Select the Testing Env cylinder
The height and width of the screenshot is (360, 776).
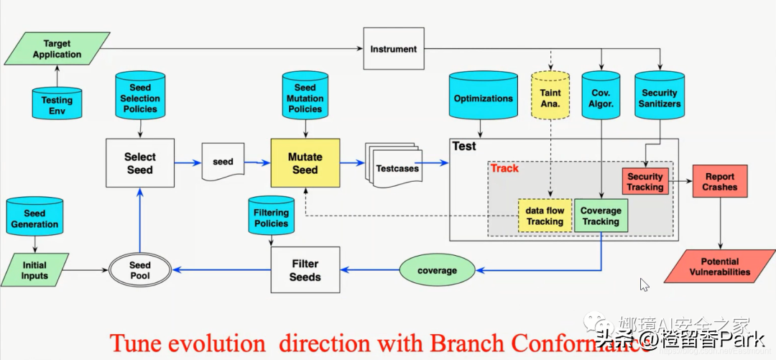click(57, 105)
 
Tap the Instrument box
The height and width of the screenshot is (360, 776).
click(393, 49)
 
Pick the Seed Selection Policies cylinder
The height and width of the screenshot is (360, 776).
click(140, 98)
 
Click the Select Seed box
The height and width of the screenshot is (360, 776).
click(139, 163)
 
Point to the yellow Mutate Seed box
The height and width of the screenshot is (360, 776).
click(305, 163)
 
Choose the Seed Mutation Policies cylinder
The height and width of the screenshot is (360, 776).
click(305, 98)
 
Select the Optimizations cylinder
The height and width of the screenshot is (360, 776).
click(483, 98)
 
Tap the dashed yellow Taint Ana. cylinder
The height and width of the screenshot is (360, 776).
click(551, 98)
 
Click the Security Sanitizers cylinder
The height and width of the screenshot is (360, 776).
click(659, 98)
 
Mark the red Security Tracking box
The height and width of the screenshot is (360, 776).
click(645, 182)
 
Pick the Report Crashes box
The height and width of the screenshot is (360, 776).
click(719, 182)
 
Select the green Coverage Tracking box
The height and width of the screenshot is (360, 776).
click(601, 216)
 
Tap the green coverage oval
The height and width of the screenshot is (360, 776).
click(437, 270)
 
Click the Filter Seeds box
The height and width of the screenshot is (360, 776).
click(305, 270)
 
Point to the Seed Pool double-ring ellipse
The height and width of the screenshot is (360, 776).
click(140, 270)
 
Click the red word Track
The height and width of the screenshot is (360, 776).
click(504, 168)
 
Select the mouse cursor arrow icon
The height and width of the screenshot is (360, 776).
click(644, 285)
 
